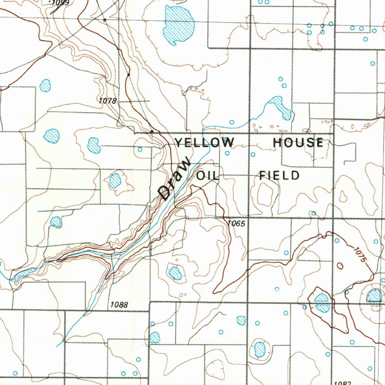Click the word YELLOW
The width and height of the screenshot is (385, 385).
(x=204, y=142)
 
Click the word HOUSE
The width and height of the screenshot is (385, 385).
(x=298, y=142)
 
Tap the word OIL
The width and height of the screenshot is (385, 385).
(x=208, y=176)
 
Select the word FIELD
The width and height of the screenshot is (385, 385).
(x=279, y=176)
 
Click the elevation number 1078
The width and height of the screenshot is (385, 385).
(x=108, y=101)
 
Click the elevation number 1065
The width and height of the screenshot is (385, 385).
(x=236, y=224)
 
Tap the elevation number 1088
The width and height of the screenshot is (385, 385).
(x=119, y=305)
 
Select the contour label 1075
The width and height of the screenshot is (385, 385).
(x=359, y=254)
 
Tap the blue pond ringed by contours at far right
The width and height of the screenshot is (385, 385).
(x=374, y=296)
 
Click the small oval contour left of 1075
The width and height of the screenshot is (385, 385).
(x=340, y=266)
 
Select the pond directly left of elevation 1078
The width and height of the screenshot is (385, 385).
(x=45, y=85)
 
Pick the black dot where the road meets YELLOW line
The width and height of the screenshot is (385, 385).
(x=152, y=132)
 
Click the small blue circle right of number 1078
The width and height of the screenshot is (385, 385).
(x=139, y=149)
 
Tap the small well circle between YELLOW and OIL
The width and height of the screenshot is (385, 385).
(x=227, y=153)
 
